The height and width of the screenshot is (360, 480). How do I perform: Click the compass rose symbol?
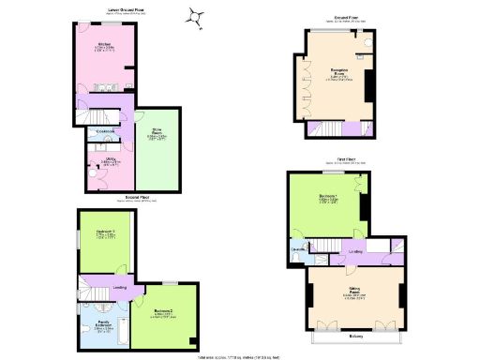coord(198,15)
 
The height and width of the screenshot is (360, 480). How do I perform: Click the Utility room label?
coord(111,160)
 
